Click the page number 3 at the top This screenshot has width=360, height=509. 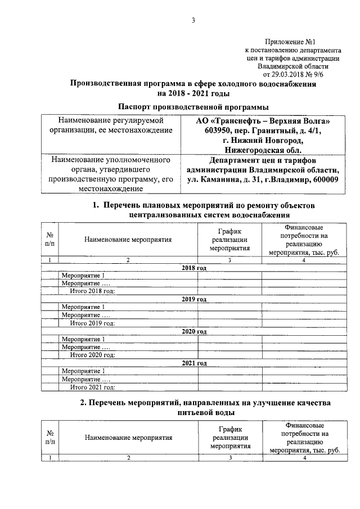click(x=193, y=21)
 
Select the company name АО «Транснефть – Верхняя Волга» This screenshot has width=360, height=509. click(x=263, y=121)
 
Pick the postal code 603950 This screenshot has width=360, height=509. click(x=209, y=130)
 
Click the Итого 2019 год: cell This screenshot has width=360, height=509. click(x=92, y=323)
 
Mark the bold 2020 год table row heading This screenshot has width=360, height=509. click(x=194, y=332)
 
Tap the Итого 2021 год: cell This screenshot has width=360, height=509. click(x=92, y=387)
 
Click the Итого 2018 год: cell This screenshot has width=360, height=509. click(x=92, y=291)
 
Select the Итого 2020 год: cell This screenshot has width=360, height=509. click(x=92, y=355)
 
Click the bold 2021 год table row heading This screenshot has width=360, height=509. click(x=194, y=363)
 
